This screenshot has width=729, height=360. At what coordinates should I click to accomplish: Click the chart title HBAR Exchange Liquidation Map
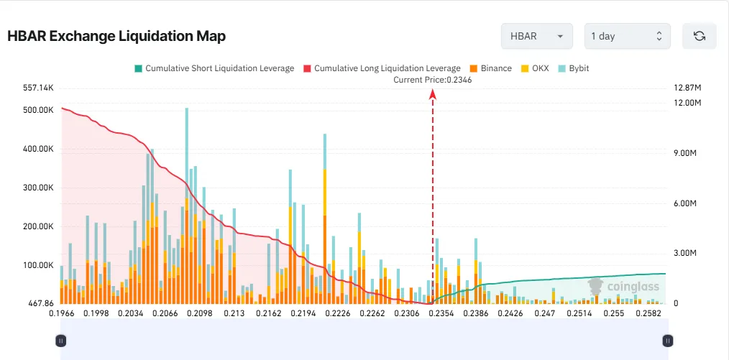(116, 36)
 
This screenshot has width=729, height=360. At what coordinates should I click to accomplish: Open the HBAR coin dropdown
(536, 36)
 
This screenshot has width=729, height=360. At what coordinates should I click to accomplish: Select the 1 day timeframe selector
(627, 36)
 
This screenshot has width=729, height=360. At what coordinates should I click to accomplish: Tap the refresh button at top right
(699, 36)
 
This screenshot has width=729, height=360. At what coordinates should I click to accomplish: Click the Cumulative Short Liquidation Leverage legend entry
(214, 68)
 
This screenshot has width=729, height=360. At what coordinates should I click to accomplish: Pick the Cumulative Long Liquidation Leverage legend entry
(381, 68)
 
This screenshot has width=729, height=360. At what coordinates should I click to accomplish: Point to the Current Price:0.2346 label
(432, 80)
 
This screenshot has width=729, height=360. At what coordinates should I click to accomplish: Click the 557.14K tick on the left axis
(39, 88)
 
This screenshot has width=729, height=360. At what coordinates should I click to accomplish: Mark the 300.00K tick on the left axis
(39, 188)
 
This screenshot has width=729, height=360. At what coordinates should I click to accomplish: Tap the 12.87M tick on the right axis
(687, 88)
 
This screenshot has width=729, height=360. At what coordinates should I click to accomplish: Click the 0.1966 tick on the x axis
(61, 314)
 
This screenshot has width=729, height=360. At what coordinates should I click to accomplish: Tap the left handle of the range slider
(61, 341)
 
